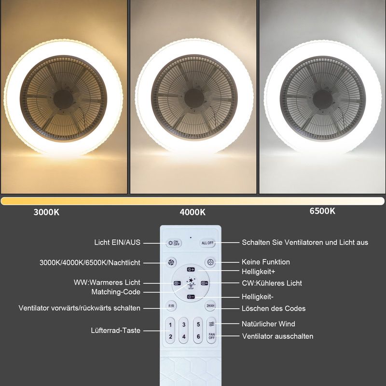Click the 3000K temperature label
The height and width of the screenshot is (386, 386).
pyautogui.click(x=47, y=212)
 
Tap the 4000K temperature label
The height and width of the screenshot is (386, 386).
pyautogui.click(x=193, y=212)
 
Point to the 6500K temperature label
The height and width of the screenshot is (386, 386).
pyautogui.click(x=322, y=211)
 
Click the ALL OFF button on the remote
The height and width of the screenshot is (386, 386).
pyautogui.click(x=207, y=243)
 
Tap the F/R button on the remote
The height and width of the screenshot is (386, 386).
pyautogui.click(x=171, y=306)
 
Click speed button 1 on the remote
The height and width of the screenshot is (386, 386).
pyautogui.click(x=170, y=324)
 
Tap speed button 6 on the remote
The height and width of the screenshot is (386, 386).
pyautogui.click(x=198, y=336)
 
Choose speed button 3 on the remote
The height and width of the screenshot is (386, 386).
pyautogui.click(x=184, y=324)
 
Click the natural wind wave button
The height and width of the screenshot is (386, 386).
pyautogui.click(x=211, y=324)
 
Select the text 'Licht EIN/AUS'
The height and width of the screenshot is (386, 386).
pyautogui.click(x=117, y=242)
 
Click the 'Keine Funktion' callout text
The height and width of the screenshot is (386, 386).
pyautogui.click(x=265, y=262)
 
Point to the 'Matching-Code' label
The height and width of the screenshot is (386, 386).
pyautogui.click(x=116, y=292)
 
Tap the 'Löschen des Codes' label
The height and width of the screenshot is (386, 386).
pyautogui.click(x=273, y=308)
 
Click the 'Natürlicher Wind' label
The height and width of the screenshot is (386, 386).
pyautogui.click(x=268, y=324)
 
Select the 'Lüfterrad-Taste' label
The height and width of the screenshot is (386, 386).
pyautogui.click(x=115, y=331)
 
